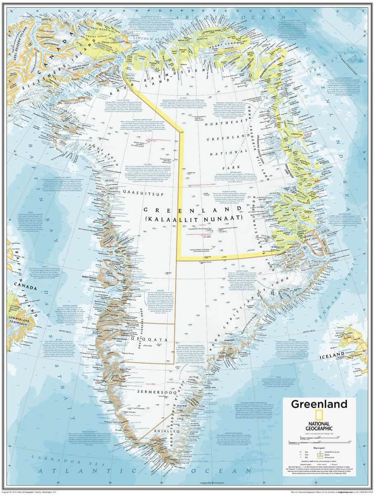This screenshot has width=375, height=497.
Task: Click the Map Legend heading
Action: [x=320, y=447]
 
